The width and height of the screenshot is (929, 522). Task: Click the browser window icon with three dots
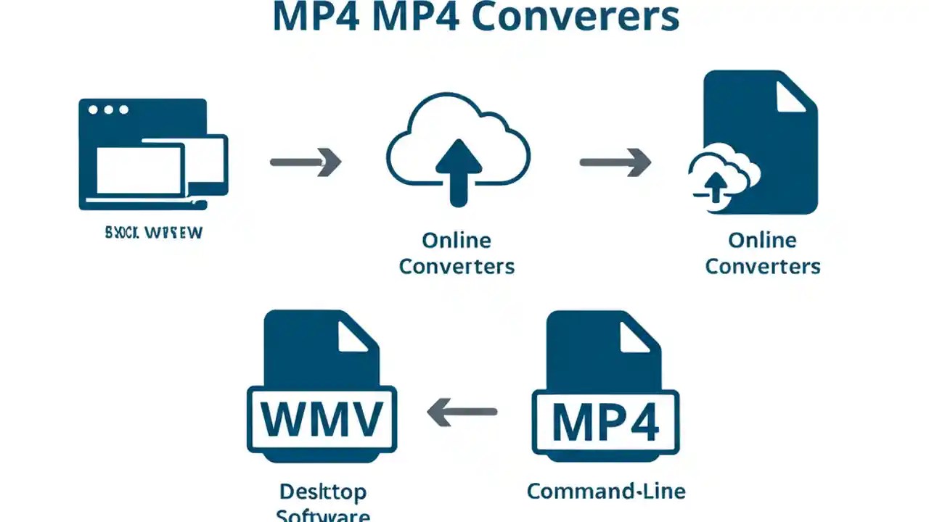(152, 154)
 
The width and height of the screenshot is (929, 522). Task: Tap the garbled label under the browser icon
(154, 233)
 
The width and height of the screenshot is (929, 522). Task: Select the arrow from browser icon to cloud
(305, 162)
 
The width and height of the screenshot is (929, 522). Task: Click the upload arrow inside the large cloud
(458, 171)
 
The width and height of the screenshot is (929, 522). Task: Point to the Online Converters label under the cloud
(457, 253)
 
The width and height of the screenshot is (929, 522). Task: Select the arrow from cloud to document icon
(615, 162)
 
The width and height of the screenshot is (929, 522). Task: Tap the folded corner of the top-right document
(790, 94)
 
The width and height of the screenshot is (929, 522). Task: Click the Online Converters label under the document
(762, 253)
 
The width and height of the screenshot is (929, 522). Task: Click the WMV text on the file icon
(322, 419)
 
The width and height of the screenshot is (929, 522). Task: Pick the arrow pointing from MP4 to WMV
(462, 413)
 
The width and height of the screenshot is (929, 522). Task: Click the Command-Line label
(606, 491)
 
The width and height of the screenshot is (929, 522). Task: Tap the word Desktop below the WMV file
(322, 492)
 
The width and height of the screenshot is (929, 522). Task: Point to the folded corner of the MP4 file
(637, 335)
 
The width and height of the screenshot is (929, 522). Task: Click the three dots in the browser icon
(107, 110)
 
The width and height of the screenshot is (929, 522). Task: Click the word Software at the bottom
(323, 515)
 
